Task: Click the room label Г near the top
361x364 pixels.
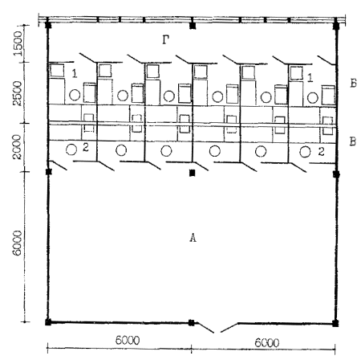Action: (x=166, y=40)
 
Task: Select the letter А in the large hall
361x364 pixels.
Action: (x=193, y=237)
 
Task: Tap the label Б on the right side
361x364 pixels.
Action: (x=353, y=84)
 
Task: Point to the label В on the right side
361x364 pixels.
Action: (x=353, y=141)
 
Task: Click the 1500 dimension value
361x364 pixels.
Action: (x=18, y=43)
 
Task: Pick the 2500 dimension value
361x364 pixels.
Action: (x=18, y=93)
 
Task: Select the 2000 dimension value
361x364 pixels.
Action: (x=17, y=147)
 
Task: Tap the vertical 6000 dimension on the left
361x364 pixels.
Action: (x=17, y=243)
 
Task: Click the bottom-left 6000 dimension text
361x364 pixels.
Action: (x=128, y=341)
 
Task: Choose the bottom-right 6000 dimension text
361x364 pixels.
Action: (x=267, y=342)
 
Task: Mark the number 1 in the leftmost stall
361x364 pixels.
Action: (x=75, y=73)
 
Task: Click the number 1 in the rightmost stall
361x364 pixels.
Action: (x=310, y=78)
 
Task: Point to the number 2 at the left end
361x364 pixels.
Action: (x=86, y=147)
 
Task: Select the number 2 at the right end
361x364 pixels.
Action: (x=321, y=152)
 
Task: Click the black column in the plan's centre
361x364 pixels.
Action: (x=192, y=173)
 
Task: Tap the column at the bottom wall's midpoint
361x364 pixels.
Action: (x=191, y=322)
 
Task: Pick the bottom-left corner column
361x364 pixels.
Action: (x=48, y=322)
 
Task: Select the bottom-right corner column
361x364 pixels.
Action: (x=335, y=323)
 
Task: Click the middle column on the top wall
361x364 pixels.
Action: (x=193, y=26)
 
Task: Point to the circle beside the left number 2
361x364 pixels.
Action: (x=71, y=149)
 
